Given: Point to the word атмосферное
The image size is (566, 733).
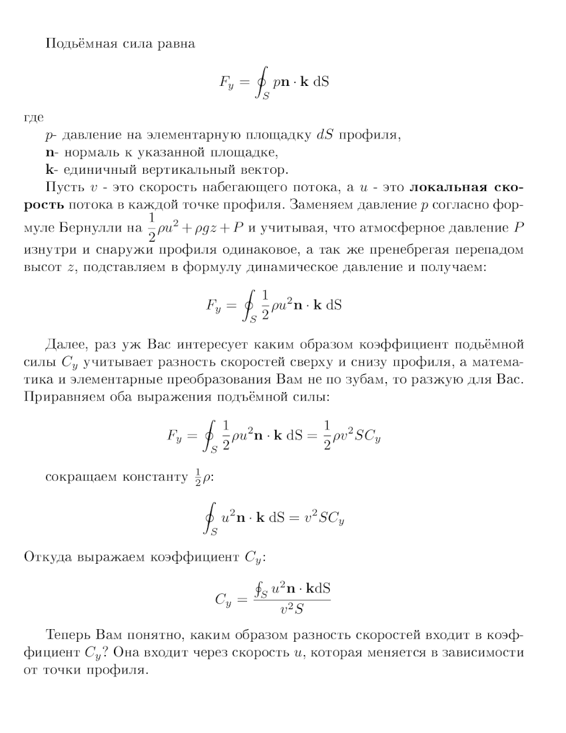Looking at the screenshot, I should [416, 230].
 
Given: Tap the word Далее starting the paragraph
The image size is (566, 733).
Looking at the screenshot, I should [64, 344].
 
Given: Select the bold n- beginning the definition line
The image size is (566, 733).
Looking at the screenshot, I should [49, 152].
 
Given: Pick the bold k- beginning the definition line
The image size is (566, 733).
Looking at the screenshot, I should [49, 169].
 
